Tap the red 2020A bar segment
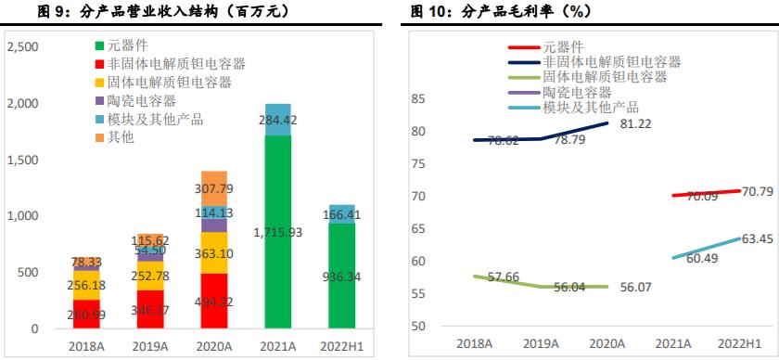pos(214,301)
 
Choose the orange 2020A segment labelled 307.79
pos(214,188)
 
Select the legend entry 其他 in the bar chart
pos(121,137)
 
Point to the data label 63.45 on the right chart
pos(755,239)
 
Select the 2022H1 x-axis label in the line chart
pos(738,343)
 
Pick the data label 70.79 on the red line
pos(751,192)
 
